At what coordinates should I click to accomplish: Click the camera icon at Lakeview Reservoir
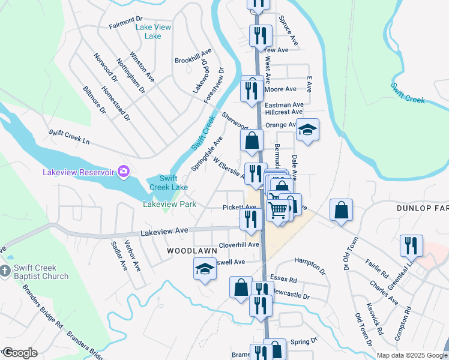click(124, 172)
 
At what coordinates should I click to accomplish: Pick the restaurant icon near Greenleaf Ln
click(411, 245)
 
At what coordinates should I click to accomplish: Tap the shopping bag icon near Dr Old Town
click(341, 211)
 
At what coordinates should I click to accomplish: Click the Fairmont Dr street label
click(124, 26)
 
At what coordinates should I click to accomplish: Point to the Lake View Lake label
click(153, 32)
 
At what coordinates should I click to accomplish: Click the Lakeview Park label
click(169, 204)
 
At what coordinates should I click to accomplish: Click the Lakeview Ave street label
click(164, 231)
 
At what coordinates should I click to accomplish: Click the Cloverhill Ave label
click(238, 245)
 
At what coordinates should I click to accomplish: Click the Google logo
click(20, 353)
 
